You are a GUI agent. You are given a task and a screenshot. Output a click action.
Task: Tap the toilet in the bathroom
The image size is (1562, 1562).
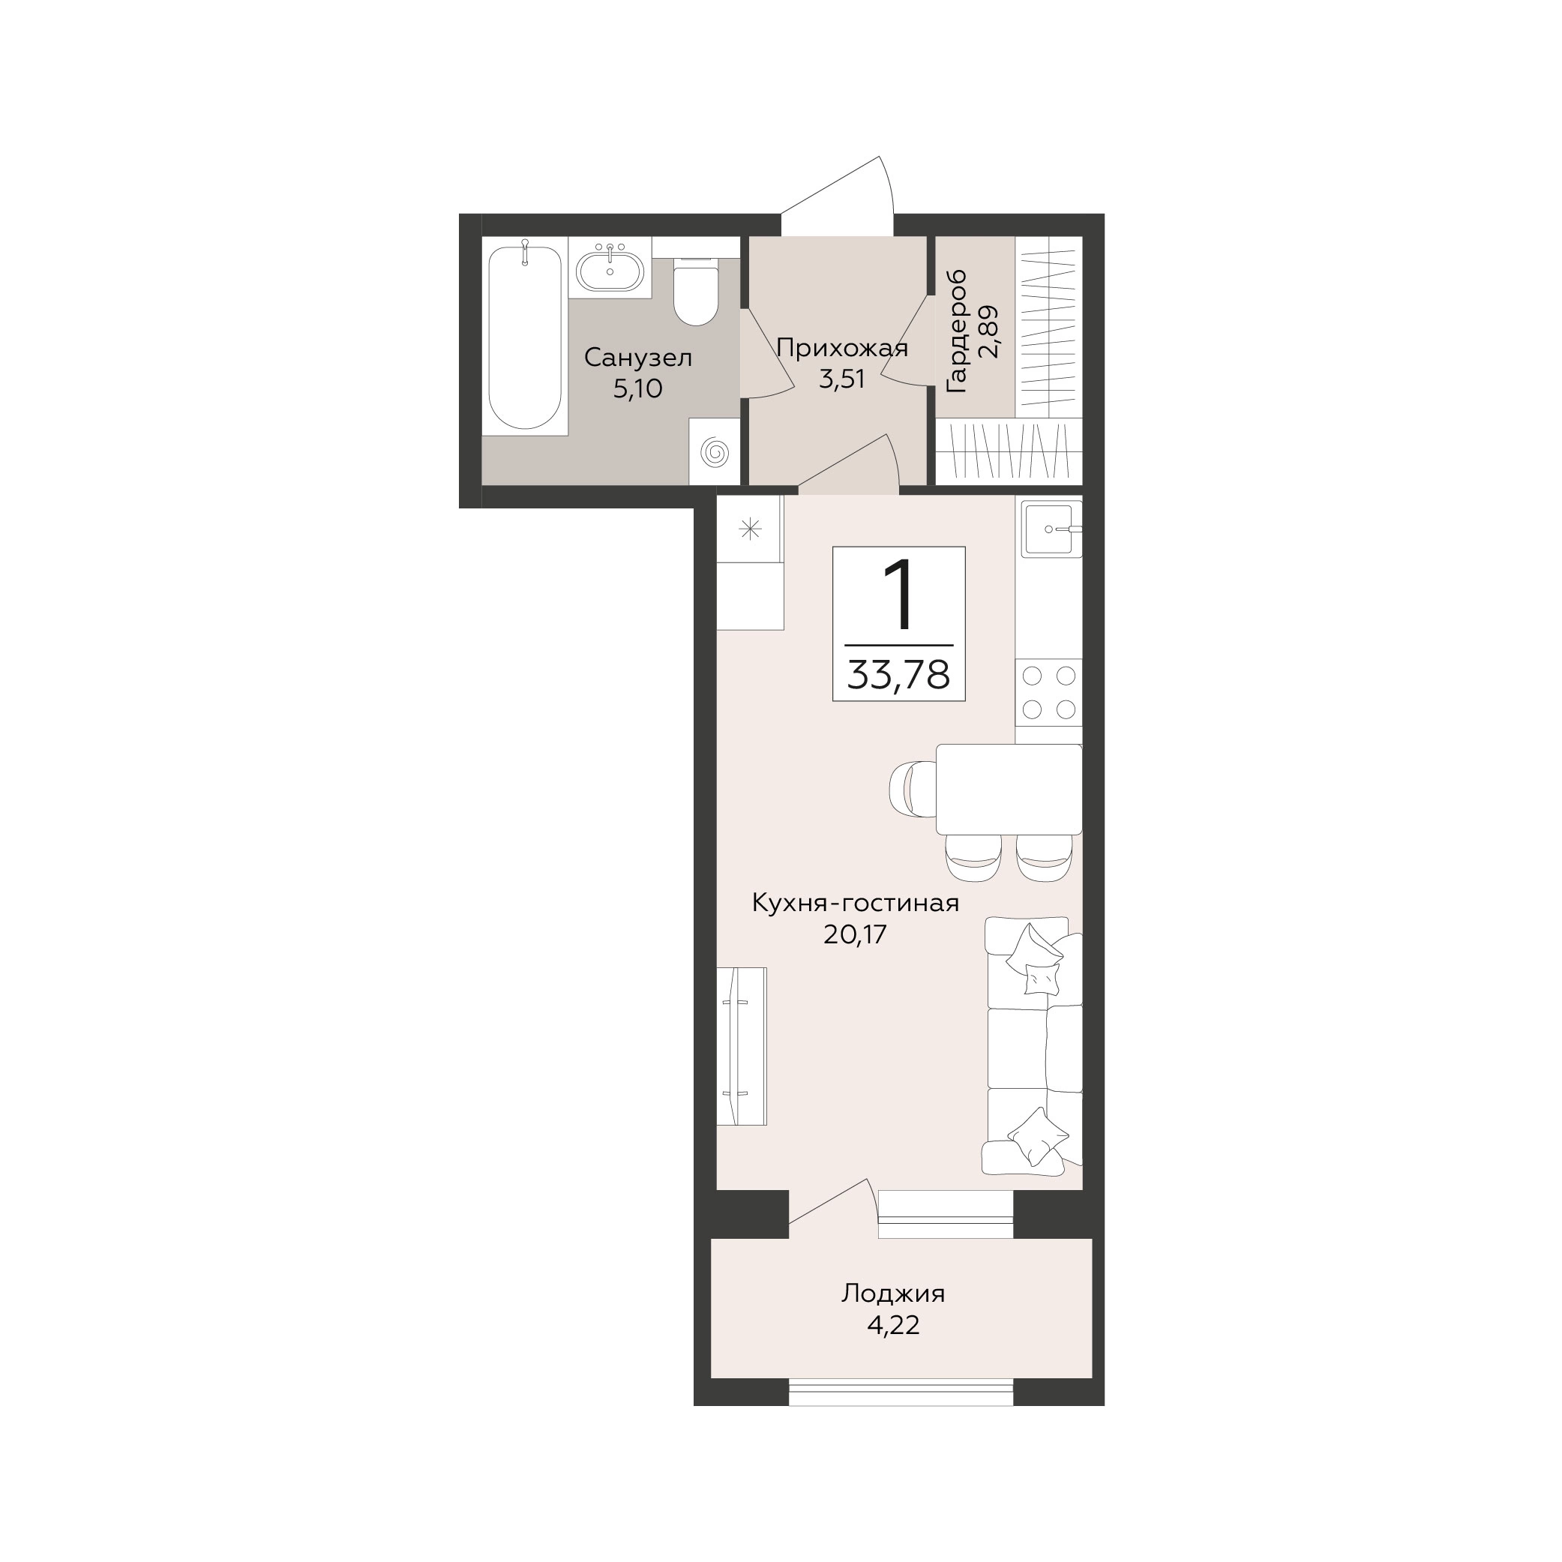tap(695, 291)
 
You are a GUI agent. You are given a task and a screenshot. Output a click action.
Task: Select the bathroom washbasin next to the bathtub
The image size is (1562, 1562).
tap(610, 268)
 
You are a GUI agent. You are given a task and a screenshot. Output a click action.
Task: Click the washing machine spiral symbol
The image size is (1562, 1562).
tap(715, 451)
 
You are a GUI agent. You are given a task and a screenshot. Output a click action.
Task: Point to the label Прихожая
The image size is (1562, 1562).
tap(841, 349)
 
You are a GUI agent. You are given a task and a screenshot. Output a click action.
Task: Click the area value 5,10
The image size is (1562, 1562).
tap(638, 389)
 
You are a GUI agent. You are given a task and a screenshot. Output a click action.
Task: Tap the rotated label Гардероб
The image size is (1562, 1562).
tap(956, 331)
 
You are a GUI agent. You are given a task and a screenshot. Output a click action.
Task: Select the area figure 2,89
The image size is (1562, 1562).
tap(989, 331)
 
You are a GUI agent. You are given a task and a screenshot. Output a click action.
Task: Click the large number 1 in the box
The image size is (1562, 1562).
tap(898, 595)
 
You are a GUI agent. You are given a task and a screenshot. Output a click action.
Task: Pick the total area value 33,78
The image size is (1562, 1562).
tap(898, 674)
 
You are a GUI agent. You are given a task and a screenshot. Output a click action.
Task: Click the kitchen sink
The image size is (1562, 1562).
tap(1051, 529)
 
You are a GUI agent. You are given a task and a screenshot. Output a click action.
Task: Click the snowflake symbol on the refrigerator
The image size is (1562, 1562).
tap(751, 529)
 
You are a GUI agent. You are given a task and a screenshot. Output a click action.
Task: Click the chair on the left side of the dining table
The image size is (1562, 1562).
tap(913, 789)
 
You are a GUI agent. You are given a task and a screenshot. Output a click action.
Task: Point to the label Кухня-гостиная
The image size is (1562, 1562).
tap(856, 903)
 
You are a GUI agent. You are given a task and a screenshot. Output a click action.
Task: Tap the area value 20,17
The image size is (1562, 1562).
tap(856, 934)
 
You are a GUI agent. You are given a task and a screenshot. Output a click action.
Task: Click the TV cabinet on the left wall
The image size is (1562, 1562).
tap(742, 1046)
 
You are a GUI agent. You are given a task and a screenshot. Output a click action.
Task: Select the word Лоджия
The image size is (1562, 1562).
tap(892, 1294)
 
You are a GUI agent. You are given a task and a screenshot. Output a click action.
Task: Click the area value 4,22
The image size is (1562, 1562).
tap(892, 1326)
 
